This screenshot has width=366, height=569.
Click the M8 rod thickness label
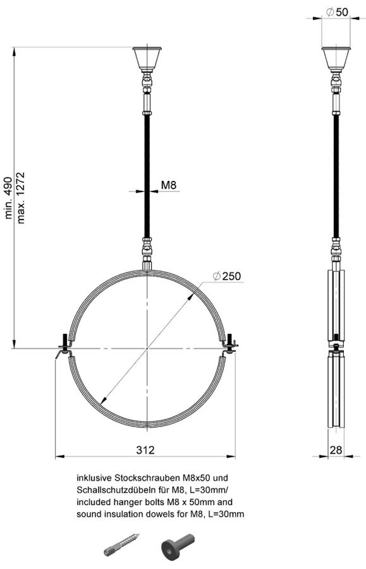coord(168,185)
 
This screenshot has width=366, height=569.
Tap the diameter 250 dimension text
coord(227,276)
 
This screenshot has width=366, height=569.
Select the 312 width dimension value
coord(145,450)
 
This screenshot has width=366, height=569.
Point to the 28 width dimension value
coord(336,450)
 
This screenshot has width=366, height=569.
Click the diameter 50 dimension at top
coord(337,12)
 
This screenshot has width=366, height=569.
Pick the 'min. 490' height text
coord(9,198)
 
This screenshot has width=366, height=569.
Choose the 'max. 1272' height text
coord(21,198)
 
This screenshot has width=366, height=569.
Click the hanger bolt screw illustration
coord(121,544)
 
